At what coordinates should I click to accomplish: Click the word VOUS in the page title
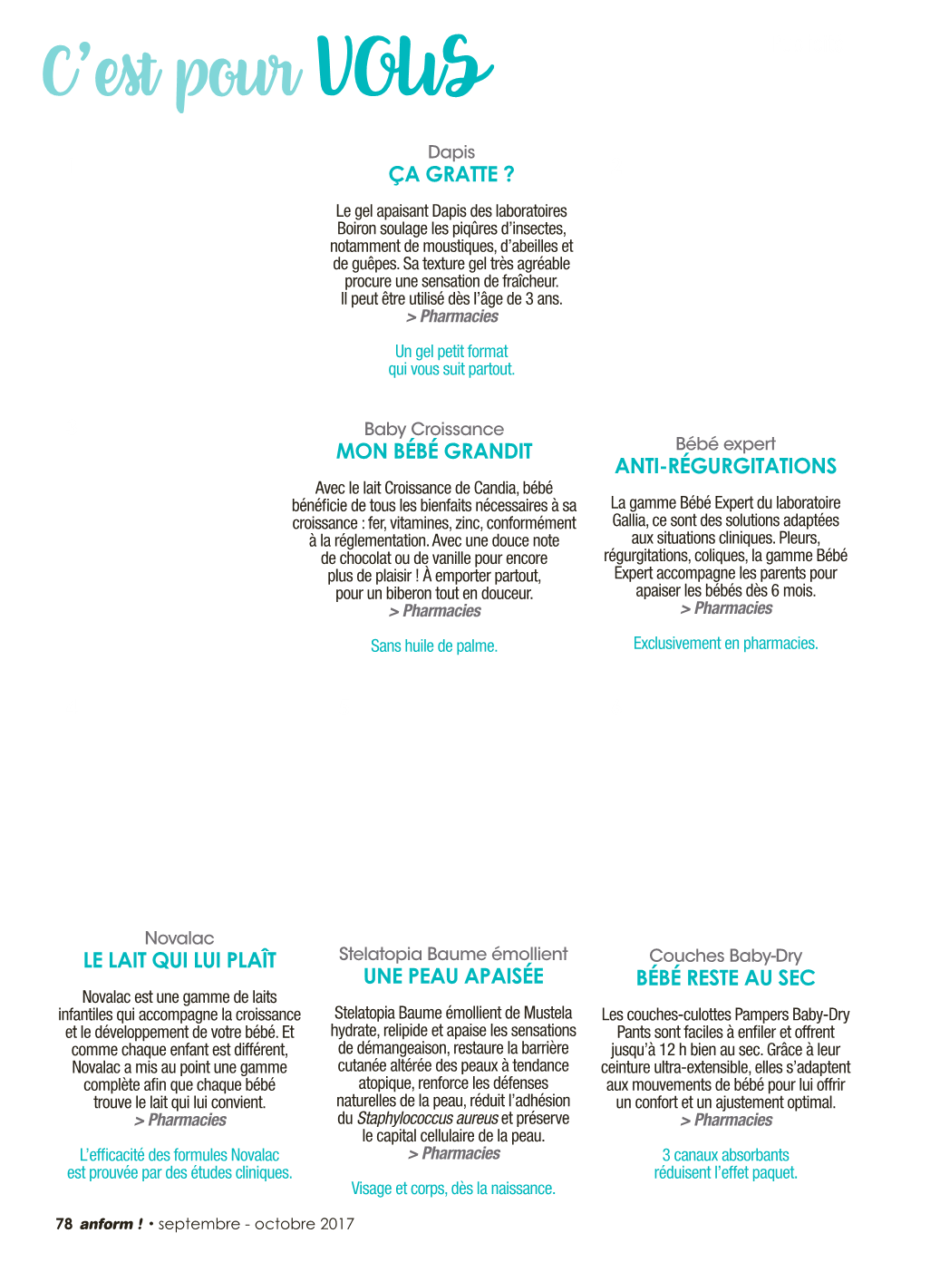404,66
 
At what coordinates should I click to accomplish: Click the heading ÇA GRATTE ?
451,174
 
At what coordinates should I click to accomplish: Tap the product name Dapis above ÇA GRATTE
451,152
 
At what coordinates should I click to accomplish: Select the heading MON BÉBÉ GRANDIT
434,452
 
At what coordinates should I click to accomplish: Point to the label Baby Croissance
434,429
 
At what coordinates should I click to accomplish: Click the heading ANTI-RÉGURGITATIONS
725,466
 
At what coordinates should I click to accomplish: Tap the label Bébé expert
725,444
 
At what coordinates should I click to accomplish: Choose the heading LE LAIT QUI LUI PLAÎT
179,960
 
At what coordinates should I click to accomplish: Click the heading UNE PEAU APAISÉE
453,976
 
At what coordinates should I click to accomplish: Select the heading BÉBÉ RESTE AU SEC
725,978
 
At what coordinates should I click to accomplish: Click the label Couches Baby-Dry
725,956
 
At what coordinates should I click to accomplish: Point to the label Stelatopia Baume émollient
453,954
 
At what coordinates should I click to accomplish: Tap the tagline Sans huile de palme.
434,646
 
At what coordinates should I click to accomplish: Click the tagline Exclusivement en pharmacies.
725,644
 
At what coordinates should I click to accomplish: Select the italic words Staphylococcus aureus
428,1118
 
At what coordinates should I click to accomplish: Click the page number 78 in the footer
63,1224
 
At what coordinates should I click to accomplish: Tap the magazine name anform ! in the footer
111,1224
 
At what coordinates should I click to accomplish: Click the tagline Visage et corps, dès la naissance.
453,1189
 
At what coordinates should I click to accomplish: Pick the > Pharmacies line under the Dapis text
452,316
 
